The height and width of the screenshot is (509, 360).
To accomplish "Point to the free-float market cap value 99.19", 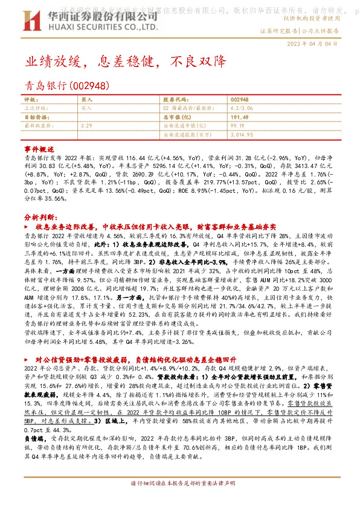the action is tap(236, 125).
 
